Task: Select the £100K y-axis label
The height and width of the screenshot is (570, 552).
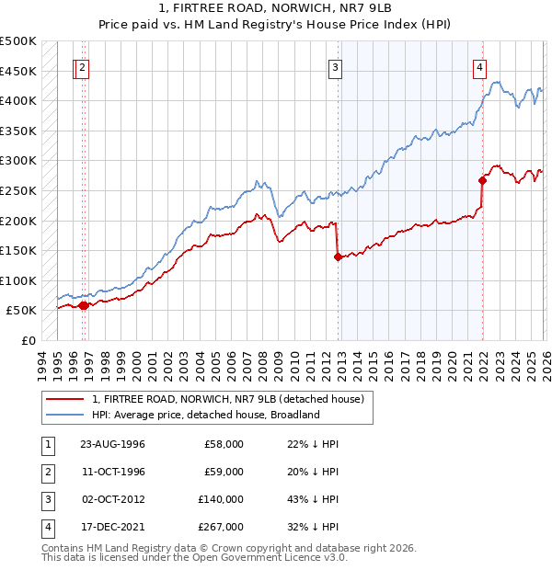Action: pos(18,280)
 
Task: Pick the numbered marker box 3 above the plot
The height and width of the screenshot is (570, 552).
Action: pos(336,66)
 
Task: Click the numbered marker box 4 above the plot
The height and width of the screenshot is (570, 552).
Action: pos(480,66)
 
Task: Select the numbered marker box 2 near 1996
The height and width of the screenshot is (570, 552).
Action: pos(83,66)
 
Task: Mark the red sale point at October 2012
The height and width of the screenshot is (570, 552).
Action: pos(338,257)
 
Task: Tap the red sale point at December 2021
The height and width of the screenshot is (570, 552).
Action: pos(482,181)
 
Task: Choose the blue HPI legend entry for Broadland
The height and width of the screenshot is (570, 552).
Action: pos(205,415)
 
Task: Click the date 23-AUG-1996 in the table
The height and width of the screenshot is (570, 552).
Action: pos(112,444)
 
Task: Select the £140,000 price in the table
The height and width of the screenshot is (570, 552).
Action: pos(220,499)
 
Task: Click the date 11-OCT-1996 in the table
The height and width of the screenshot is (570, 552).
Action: pos(112,472)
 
